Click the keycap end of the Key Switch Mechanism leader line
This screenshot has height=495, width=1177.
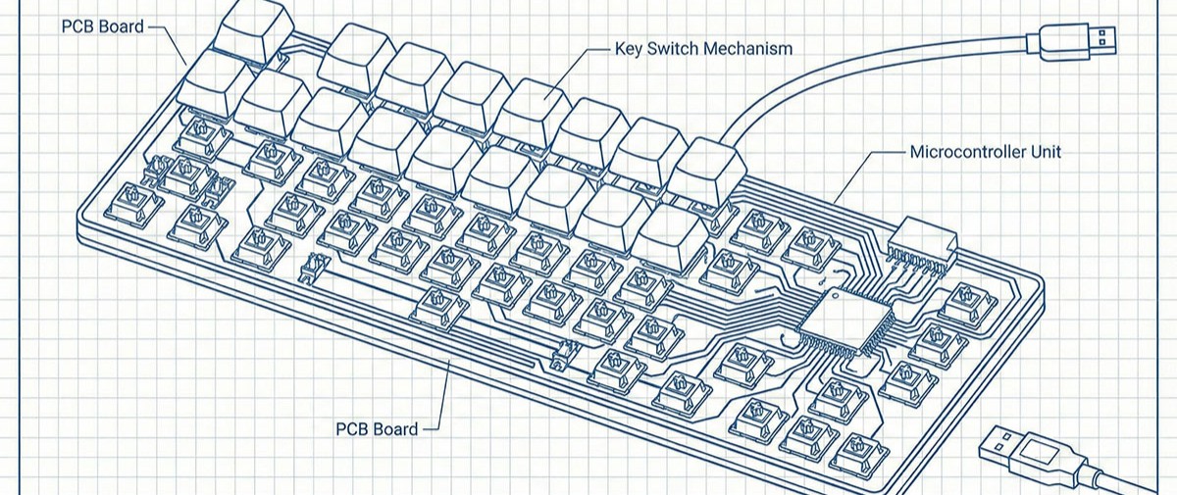tap(545, 98)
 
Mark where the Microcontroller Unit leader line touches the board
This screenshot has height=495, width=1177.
tap(835, 203)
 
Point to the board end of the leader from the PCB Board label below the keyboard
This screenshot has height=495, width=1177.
tap(449, 361)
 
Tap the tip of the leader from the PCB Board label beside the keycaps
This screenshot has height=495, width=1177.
tap(186, 65)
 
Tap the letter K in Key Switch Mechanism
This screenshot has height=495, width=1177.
tap(620, 49)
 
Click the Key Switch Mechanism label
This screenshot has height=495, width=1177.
tap(703, 49)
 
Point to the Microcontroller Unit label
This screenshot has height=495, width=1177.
tap(986, 152)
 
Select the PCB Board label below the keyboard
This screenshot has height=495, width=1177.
tap(377, 429)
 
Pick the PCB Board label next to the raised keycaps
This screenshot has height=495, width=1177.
tap(102, 26)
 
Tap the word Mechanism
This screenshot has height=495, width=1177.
tap(747, 49)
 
